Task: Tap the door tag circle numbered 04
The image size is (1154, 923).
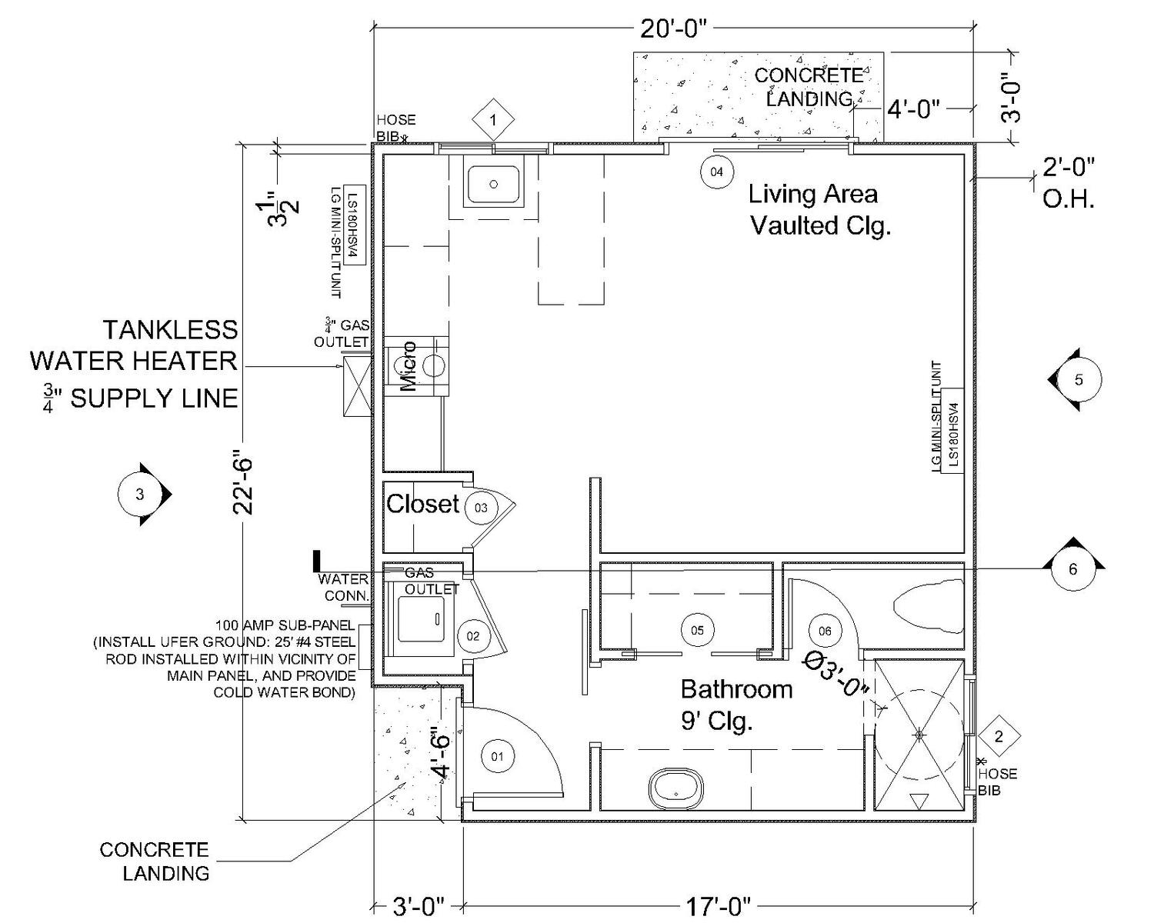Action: click(716, 172)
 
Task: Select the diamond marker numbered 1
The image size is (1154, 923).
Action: click(492, 120)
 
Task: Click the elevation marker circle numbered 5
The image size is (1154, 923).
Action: click(1078, 379)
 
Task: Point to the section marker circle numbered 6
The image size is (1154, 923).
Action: click(1073, 570)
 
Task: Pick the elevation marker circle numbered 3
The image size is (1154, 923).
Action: click(139, 495)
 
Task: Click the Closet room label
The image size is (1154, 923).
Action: click(422, 504)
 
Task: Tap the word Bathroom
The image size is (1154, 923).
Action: click(736, 688)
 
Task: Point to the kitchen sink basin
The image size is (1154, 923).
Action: click(493, 184)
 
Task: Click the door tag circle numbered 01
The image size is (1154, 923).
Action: click(497, 756)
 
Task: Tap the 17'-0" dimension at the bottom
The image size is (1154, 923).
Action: click(715, 908)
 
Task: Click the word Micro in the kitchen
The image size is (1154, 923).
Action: click(409, 366)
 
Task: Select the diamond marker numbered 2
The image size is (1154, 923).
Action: click(999, 737)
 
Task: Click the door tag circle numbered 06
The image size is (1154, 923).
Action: click(825, 631)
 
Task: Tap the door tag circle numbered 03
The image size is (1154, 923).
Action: click(481, 508)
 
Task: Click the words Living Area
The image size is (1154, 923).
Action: click(812, 194)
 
